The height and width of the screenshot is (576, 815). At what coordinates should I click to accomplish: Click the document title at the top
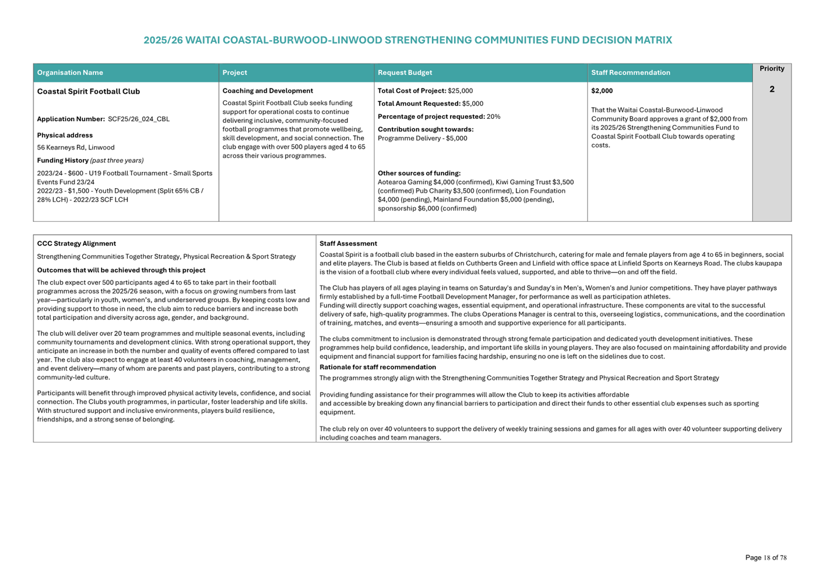tap(408, 40)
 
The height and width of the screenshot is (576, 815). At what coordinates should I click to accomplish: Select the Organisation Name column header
tap(70, 73)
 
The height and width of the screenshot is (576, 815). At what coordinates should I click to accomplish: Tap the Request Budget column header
tap(405, 73)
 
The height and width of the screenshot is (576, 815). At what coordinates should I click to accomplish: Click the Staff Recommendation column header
tap(630, 73)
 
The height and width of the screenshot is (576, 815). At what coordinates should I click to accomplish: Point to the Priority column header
tap(771, 69)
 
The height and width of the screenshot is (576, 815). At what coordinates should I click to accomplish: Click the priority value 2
tap(771, 89)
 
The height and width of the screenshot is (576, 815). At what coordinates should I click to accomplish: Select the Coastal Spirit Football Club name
tap(89, 91)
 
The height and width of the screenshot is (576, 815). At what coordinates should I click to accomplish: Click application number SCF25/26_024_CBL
tap(139, 119)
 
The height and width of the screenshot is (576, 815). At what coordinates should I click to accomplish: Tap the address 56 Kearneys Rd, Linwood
tap(76, 148)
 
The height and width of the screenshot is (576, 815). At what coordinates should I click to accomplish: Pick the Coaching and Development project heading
tap(268, 91)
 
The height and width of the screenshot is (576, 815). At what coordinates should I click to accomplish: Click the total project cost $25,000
tap(460, 91)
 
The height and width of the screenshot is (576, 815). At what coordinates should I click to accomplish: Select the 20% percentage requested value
tap(493, 116)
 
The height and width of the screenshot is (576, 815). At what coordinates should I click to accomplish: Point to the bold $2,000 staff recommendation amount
tap(602, 91)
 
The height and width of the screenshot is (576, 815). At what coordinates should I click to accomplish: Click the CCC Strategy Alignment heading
tap(76, 243)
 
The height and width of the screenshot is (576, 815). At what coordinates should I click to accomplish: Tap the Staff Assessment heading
tap(348, 243)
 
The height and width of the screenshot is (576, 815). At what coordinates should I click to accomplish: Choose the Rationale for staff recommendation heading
tap(378, 367)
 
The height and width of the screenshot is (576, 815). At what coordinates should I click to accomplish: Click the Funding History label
tap(63, 161)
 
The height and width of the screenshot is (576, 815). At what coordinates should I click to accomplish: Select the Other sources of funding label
tap(419, 173)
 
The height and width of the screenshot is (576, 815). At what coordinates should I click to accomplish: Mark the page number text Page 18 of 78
tap(765, 557)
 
